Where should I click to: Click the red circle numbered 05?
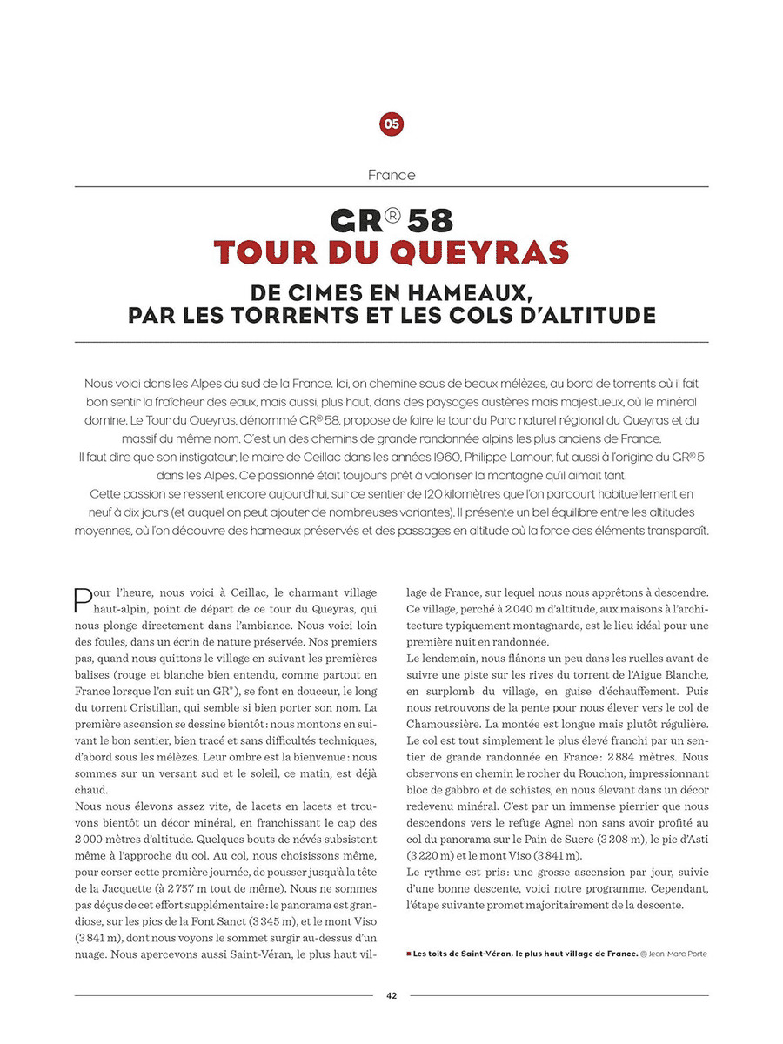[391, 124]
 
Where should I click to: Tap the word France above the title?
[391, 175]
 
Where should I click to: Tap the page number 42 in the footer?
[391, 996]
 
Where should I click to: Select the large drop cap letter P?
[83, 599]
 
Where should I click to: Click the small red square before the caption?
[408, 954]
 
